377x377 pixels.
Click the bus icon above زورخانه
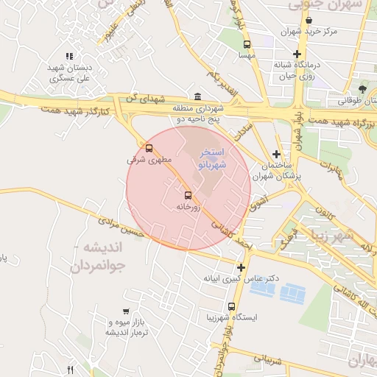pos(188,195)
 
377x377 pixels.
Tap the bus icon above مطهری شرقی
pos(149,148)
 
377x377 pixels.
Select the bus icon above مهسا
pos(247,44)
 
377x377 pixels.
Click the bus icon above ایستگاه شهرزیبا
pos(232,306)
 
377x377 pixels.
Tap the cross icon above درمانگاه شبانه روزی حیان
pos(297,54)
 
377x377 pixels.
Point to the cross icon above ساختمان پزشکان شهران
pos(276,154)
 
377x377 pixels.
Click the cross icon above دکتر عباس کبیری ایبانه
pos(241,267)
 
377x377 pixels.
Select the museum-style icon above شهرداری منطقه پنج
pos(197,96)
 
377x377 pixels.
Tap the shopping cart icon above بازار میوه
pos(126,311)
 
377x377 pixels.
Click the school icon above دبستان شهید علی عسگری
pos(69,56)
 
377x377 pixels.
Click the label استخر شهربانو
pos(214,159)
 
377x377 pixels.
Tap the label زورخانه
pos(188,208)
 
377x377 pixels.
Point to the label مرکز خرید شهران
pos(310,32)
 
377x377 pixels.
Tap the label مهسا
pos(247,55)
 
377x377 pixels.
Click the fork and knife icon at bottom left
pos(71,370)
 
